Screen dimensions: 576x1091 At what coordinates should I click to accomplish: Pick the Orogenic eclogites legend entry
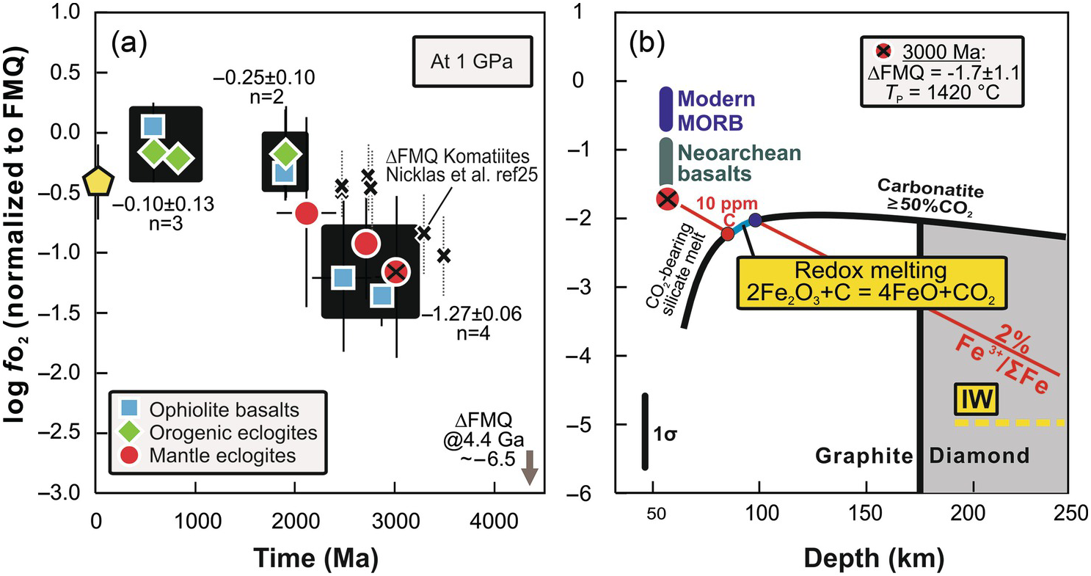[x=218, y=432]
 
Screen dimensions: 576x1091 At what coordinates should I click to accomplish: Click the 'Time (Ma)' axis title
[x=317, y=558]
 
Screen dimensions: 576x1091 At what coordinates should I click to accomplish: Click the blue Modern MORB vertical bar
[x=665, y=110]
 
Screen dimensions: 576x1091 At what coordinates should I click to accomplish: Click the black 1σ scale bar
[x=645, y=431]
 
